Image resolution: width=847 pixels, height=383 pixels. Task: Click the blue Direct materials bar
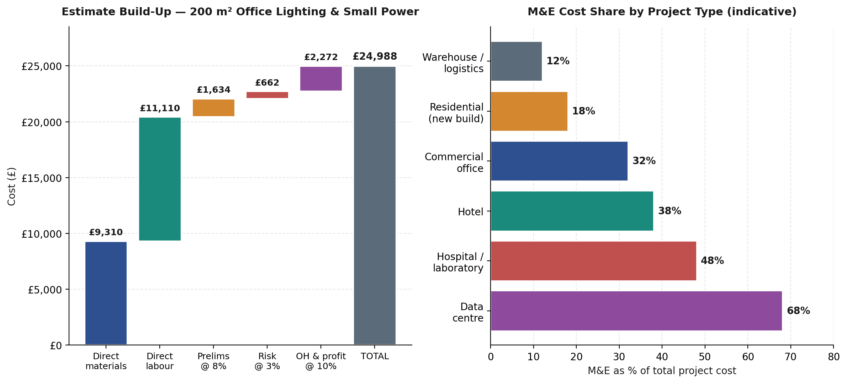pyautogui.click(x=106, y=293)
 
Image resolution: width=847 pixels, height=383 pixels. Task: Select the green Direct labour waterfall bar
pyautogui.click(x=160, y=179)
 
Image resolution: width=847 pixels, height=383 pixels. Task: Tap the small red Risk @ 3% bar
pyautogui.click(x=267, y=95)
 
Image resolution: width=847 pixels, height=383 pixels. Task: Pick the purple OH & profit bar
pyautogui.click(x=321, y=79)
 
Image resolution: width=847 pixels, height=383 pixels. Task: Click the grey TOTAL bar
pyautogui.click(x=375, y=205)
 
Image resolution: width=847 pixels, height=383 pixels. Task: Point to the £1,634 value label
pyautogui.click(x=213, y=90)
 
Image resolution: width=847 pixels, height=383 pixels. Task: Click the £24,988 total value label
pyautogui.click(x=375, y=56)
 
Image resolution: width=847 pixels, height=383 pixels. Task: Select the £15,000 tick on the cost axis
pyautogui.click(x=42, y=178)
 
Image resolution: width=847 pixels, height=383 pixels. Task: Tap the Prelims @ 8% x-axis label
pyautogui.click(x=213, y=361)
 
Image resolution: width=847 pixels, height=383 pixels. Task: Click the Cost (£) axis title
pyautogui.click(x=12, y=186)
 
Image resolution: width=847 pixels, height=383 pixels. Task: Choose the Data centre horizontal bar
pyautogui.click(x=636, y=311)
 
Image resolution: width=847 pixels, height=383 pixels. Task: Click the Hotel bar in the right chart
pyautogui.click(x=572, y=211)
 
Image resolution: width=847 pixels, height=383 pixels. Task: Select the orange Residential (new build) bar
pyautogui.click(x=529, y=111)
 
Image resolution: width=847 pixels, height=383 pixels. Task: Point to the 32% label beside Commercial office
pyautogui.click(x=644, y=161)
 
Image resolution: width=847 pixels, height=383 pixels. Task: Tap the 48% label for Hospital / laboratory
pyautogui.click(x=712, y=261)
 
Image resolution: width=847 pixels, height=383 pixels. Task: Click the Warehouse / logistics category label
pyautogui.click(x=453, y=63)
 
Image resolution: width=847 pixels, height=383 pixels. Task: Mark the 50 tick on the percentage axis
pyautogui.click(x=705, y=357)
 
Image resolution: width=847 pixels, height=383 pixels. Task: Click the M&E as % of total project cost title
pyautogui.click(x=662, y=371)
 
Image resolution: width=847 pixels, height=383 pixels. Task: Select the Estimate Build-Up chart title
pyautogui.click(x=240, y=12)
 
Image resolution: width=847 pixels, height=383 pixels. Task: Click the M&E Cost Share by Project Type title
pyautogui.click(x=662, y=12)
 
